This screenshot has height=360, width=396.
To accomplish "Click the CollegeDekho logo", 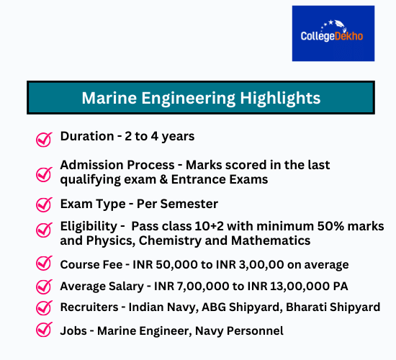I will pyautogui.click(x=333, y=33).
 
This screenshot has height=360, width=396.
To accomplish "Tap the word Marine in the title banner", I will pyautogui.click(x=108, y=97).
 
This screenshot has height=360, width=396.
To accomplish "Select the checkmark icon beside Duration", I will pyautogui.click(x=44, y=138).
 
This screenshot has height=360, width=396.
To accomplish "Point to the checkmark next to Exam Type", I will pyautogui.click(x=44, y=205).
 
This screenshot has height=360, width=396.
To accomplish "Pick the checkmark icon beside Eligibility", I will pyautogui.click(x=44, y=231).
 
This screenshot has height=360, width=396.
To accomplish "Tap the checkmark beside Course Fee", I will pyautogui.click(x=44, y=264).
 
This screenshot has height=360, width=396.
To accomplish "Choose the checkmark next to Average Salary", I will pyautogui.click(x=44, y=287).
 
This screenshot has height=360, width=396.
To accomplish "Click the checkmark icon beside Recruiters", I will pyautogui.click(x=44, y=308).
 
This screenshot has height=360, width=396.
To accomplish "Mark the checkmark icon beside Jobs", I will pyautogui.click(x=44, y=331).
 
